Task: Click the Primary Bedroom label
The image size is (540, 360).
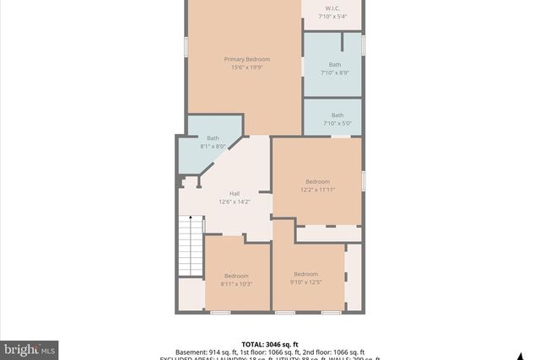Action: pyautogui.click(x=246, y=59)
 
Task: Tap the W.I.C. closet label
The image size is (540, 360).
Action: pyautogui.click(x=332, y=8)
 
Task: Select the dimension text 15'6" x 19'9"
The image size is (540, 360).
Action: pyautogui.click(x=246, y=67)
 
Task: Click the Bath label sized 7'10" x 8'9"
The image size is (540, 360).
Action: pyautogui.click(x=335, y=64)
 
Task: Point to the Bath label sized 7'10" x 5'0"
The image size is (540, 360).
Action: pyautogui.click(x=337, y=116)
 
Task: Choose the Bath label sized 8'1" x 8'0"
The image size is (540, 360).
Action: pyautogui.click(x=213, y=138)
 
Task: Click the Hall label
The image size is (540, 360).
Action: pyautogui.click(x=235, y=193)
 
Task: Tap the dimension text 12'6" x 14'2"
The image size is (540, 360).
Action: pyautogui.click(x=235, y=201)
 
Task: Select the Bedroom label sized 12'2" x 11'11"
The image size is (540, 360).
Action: pyautogui.click(x=317, y=182)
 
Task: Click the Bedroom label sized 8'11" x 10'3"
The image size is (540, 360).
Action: pyautogui.click(x=236, y=276)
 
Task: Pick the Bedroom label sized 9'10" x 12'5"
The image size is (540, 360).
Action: pyautogui.click(x=305, y=274)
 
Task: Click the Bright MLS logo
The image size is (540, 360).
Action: pyautogui.click(x=30, y=348)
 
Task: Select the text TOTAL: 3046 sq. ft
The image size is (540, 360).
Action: pyautogui.click(x=269, y=344)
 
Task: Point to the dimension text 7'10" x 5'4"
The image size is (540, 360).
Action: pyautogui.click(x=332, y=16)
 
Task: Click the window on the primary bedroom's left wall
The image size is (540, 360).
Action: pyautogui.click(x=186, y=46)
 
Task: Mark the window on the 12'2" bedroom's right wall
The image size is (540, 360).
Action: pyautogui.click(x=363, y=180)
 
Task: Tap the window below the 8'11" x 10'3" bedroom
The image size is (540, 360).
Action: pyautogui.click(x=220, y=313)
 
